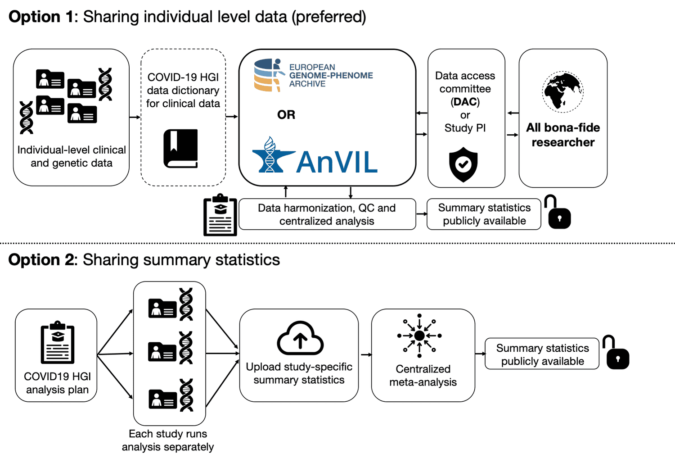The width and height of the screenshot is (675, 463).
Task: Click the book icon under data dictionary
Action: tap(181, 149)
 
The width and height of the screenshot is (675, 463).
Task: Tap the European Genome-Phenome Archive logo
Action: tap(313, 75)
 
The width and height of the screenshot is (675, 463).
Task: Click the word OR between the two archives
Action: tap(286, 115)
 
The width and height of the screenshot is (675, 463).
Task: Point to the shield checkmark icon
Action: tap(463, 164)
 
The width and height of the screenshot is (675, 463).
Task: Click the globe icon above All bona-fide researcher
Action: tap(562, 92)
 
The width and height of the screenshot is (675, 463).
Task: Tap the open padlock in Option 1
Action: tap(558, 213)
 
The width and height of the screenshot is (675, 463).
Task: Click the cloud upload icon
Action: tap(300, 339)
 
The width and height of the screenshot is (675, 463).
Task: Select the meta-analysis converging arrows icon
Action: tap(419, 336)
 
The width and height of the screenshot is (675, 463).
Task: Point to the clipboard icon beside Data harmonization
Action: tap(220, 215)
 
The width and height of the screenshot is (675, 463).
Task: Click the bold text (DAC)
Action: tap(465, 102)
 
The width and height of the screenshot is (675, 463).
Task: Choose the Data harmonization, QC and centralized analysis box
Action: tap(327, 214)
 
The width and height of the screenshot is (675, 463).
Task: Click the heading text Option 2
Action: tap(40, 260)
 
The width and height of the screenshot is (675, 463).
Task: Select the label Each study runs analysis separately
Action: tap(168, 440)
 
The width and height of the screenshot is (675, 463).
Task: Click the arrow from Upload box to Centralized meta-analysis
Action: tap(366, 355)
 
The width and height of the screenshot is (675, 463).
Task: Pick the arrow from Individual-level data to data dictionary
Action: tap(135, 117)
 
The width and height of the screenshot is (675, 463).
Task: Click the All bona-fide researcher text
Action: tap(563, 135)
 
